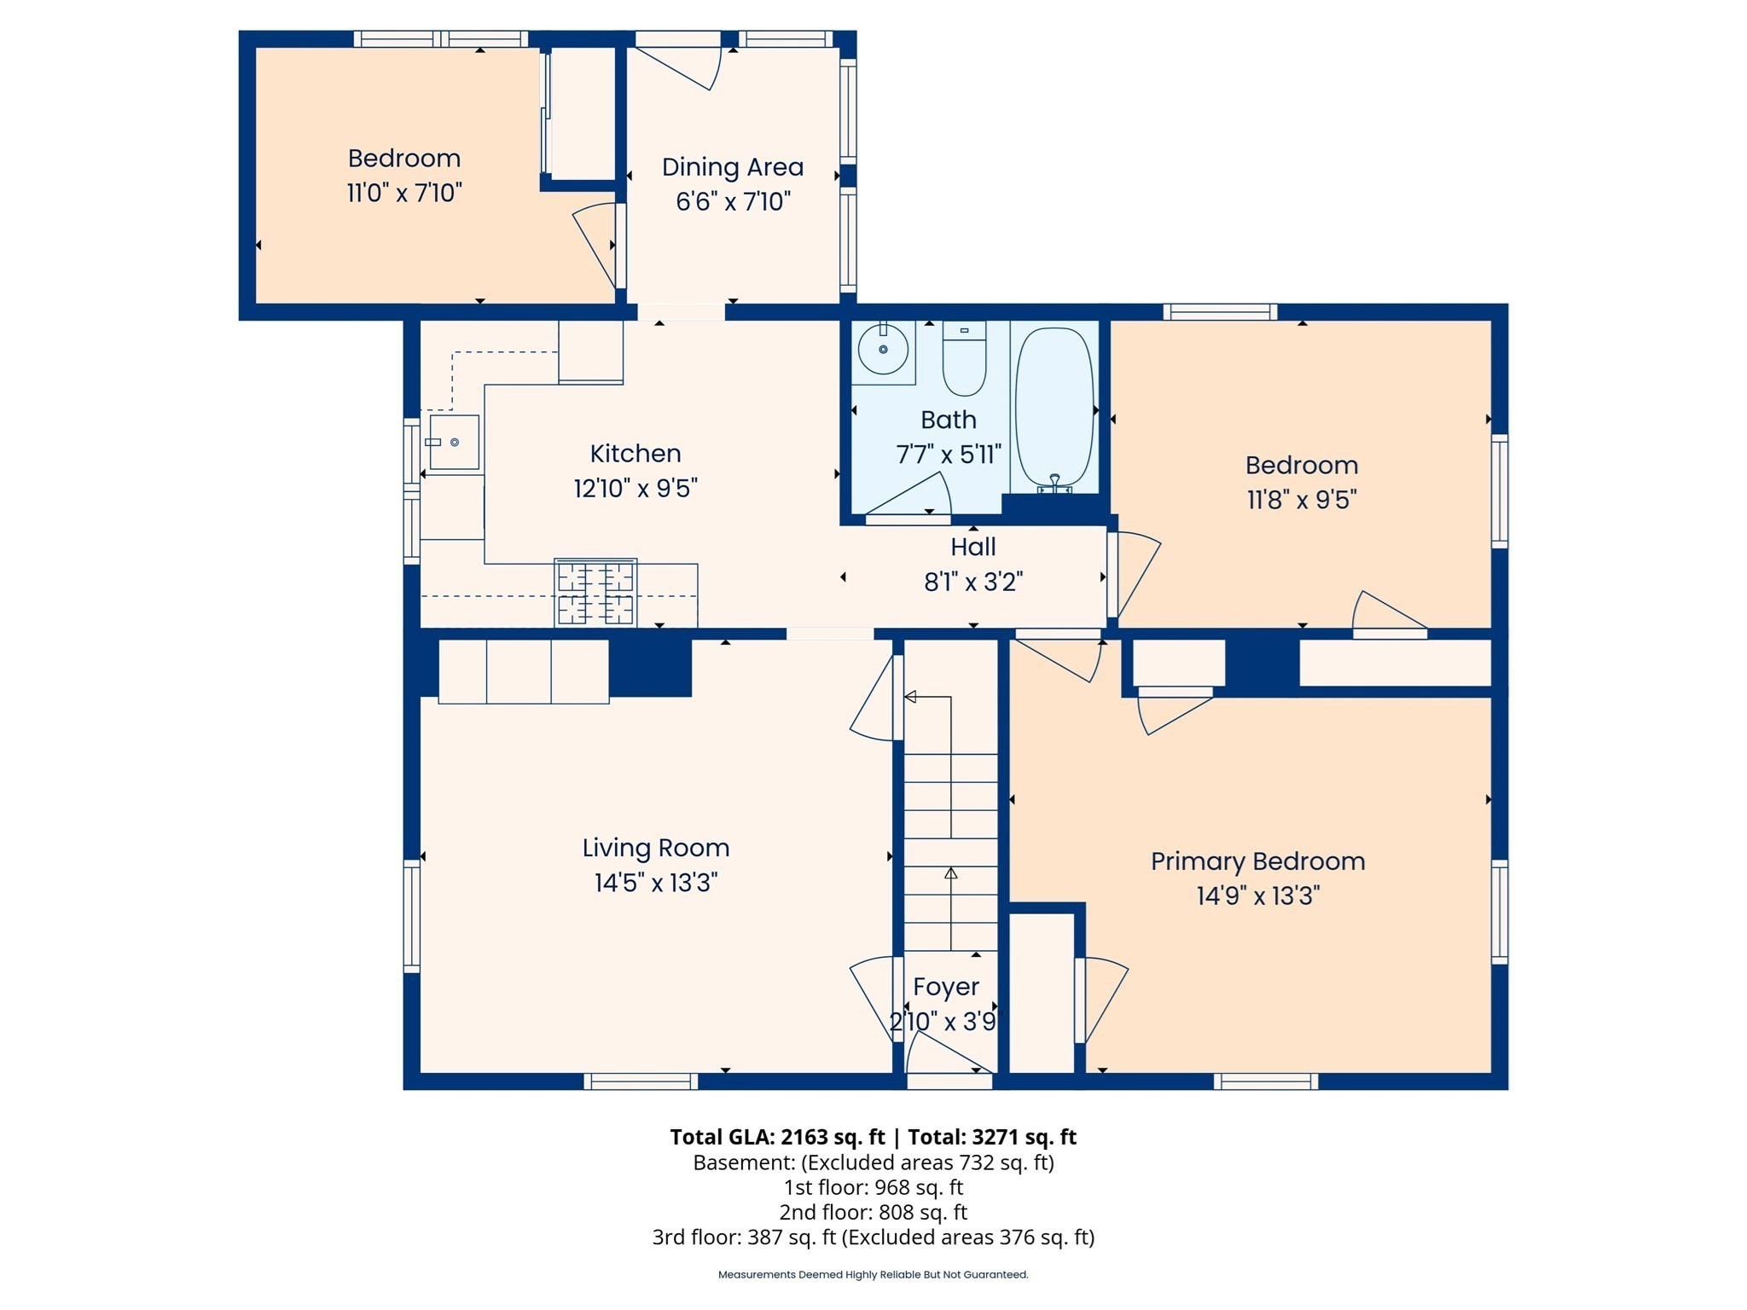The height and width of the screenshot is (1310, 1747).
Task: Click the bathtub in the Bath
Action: [1054, 410]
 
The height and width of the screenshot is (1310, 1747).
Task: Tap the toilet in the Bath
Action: [964, 358]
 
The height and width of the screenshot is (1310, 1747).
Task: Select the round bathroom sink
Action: [882, 349]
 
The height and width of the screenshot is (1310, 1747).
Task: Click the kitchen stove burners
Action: [595, 593]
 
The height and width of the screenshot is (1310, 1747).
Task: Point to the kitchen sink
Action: [454, 442]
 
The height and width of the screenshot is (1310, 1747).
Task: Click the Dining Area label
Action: [733, 167]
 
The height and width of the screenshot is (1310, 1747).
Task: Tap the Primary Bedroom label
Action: [1258, 861]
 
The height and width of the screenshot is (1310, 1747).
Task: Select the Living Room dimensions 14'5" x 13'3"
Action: [656, 883]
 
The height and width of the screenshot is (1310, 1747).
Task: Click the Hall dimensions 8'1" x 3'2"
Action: [973, 582]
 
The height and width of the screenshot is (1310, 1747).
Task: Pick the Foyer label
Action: [946, 987]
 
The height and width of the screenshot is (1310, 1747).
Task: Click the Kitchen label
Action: [636, 453]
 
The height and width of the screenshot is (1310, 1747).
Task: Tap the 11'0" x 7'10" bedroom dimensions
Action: [404, 193]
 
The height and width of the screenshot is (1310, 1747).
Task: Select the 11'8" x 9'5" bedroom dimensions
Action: [1302, 499]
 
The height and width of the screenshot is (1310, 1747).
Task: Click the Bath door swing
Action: [908, 496]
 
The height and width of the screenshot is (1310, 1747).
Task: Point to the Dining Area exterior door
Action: [678, 64]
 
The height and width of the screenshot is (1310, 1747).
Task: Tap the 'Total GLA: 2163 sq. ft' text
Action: [777, 1137]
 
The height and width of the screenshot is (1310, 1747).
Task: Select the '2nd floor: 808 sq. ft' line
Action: [873, 1212]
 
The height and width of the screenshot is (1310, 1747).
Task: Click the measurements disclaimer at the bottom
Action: [873, 1274]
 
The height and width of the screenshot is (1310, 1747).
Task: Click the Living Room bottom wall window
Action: [641, 1081]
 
